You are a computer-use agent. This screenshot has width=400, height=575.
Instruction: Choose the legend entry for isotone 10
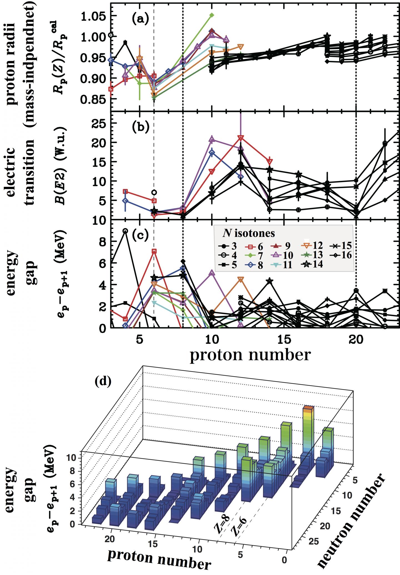point(283,255)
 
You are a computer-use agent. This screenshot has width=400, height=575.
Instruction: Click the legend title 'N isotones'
point(248,233)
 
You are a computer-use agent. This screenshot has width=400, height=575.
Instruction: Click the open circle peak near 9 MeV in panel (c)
point(125,231)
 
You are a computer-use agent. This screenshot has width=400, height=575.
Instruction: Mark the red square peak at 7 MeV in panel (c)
point(154,251)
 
